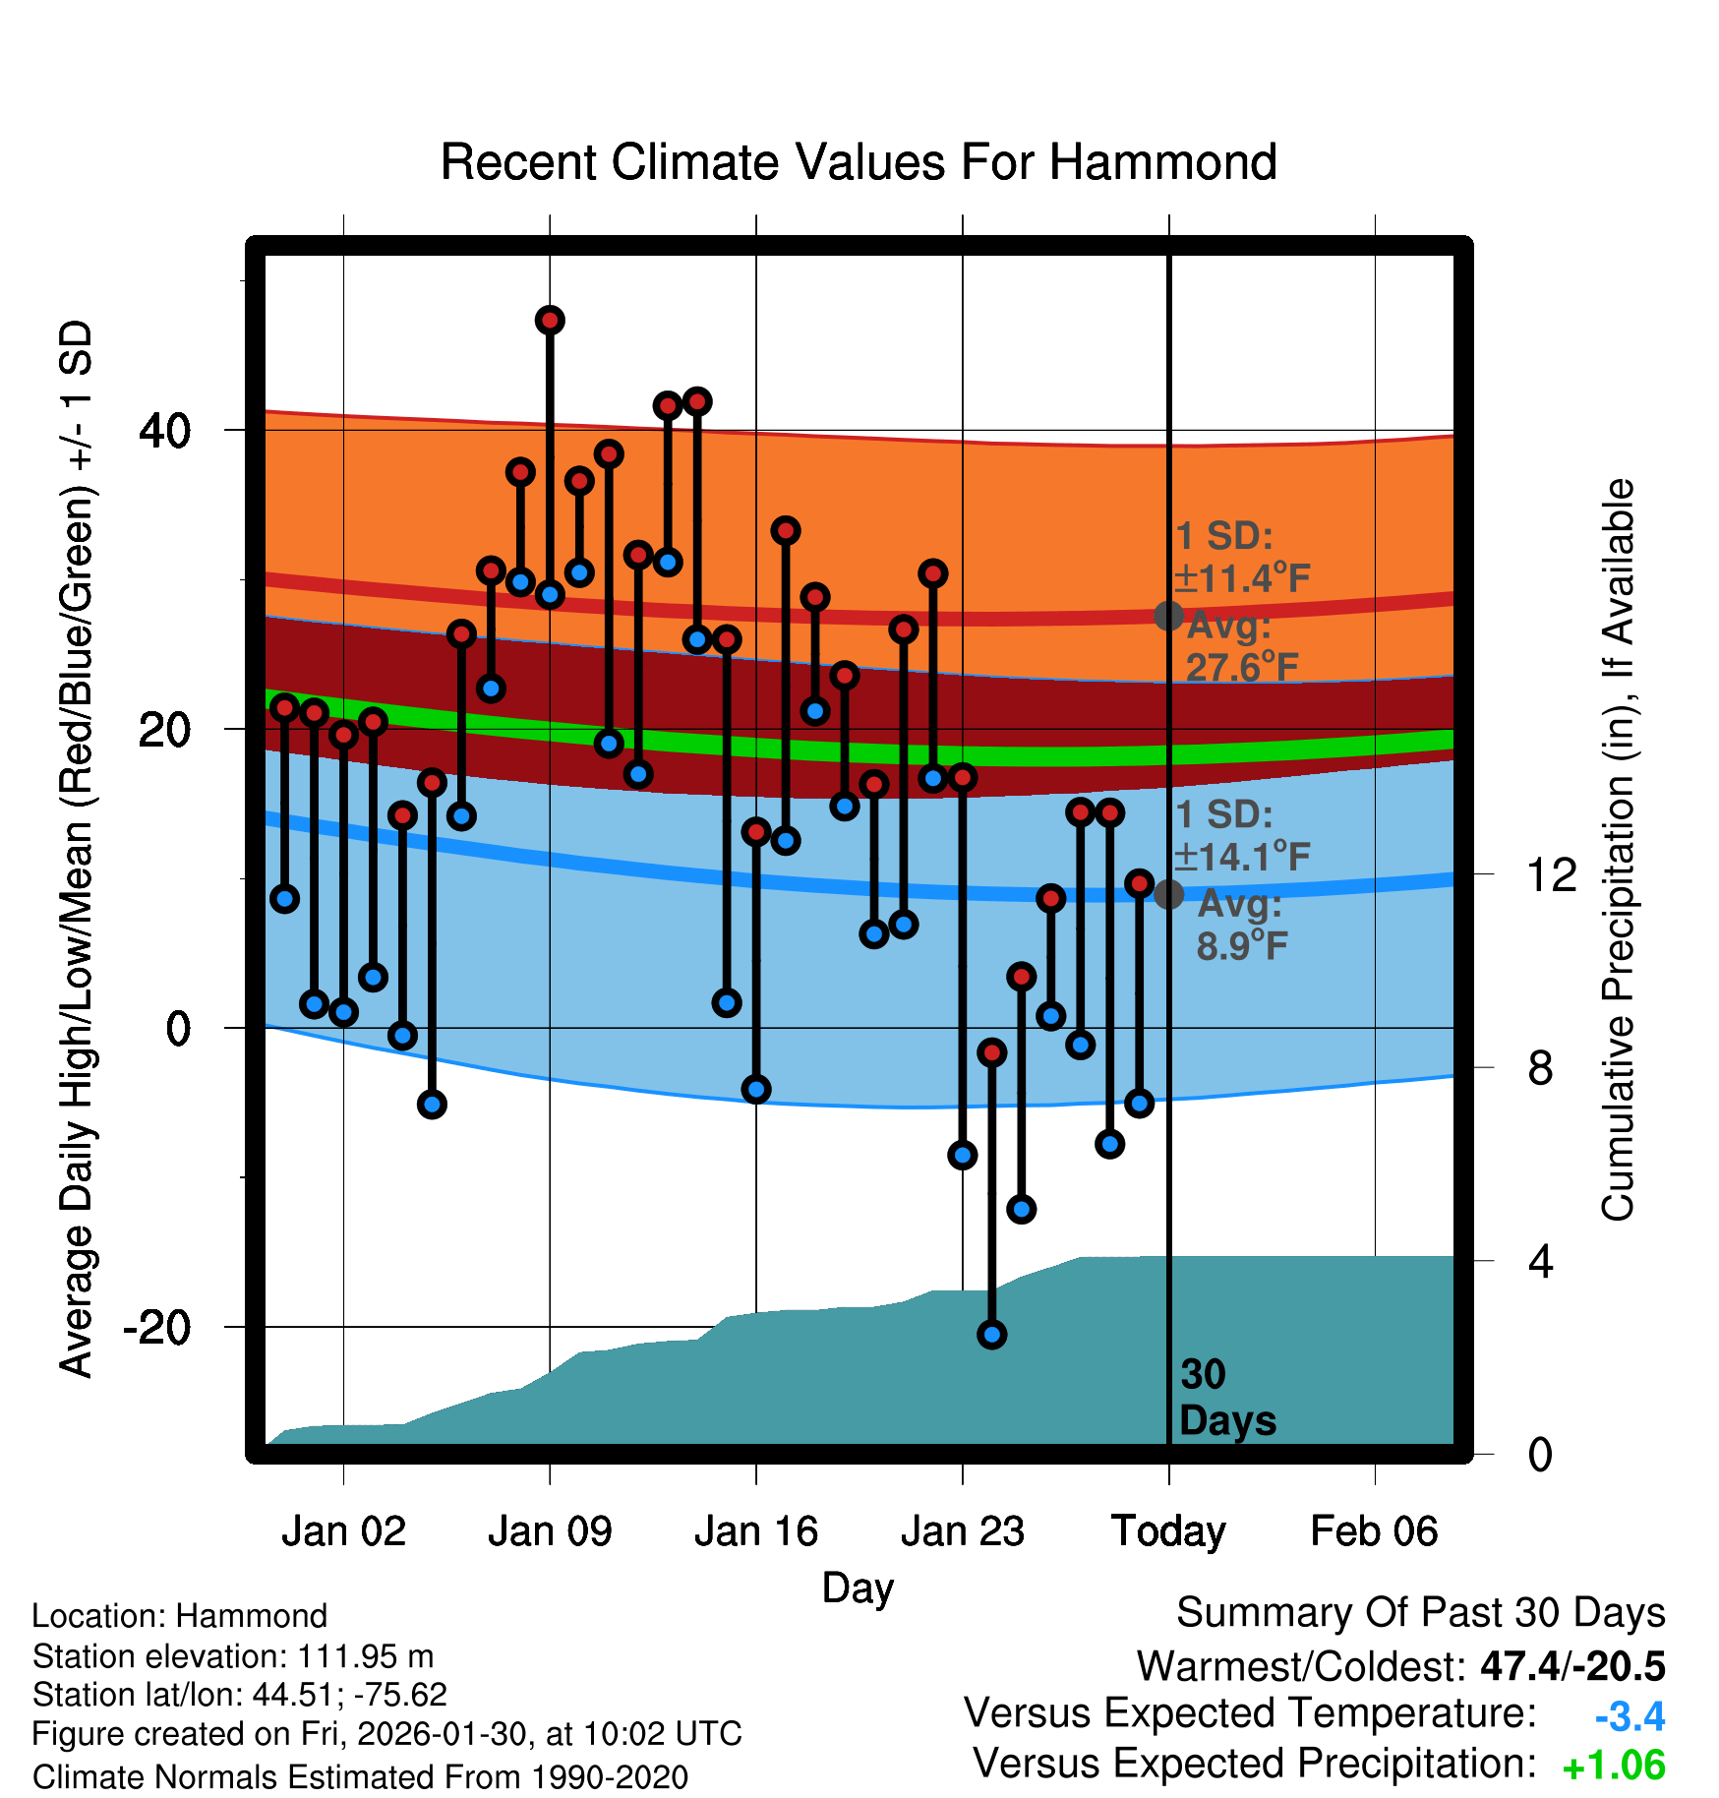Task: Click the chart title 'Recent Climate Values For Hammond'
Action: pos(858,162)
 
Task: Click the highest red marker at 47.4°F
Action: pos(550,320)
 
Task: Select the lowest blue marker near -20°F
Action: pos(991,1335)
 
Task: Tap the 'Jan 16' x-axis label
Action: pos(755,1531)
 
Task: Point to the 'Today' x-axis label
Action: pos(1168,1531)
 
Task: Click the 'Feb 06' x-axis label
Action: pos(1374,1531)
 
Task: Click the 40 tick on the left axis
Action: pos(165,430)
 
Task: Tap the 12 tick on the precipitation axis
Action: pos(1551,874)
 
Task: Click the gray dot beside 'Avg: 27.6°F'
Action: pos(1168,616)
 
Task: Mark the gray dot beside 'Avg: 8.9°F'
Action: pos(1168,894)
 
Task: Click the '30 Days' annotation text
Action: pos(1226,1398)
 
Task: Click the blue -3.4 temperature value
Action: pos(1630,1716)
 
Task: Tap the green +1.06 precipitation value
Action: pos(1613,1766)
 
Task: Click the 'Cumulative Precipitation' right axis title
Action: pos(1618,850)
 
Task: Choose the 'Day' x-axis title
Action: pos(858,1587)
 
